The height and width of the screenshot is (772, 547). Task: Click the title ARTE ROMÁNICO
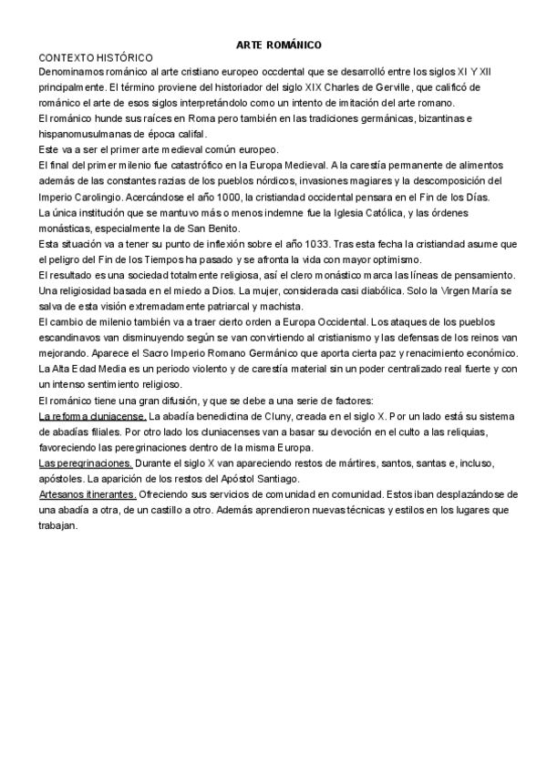tap(278, 44)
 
